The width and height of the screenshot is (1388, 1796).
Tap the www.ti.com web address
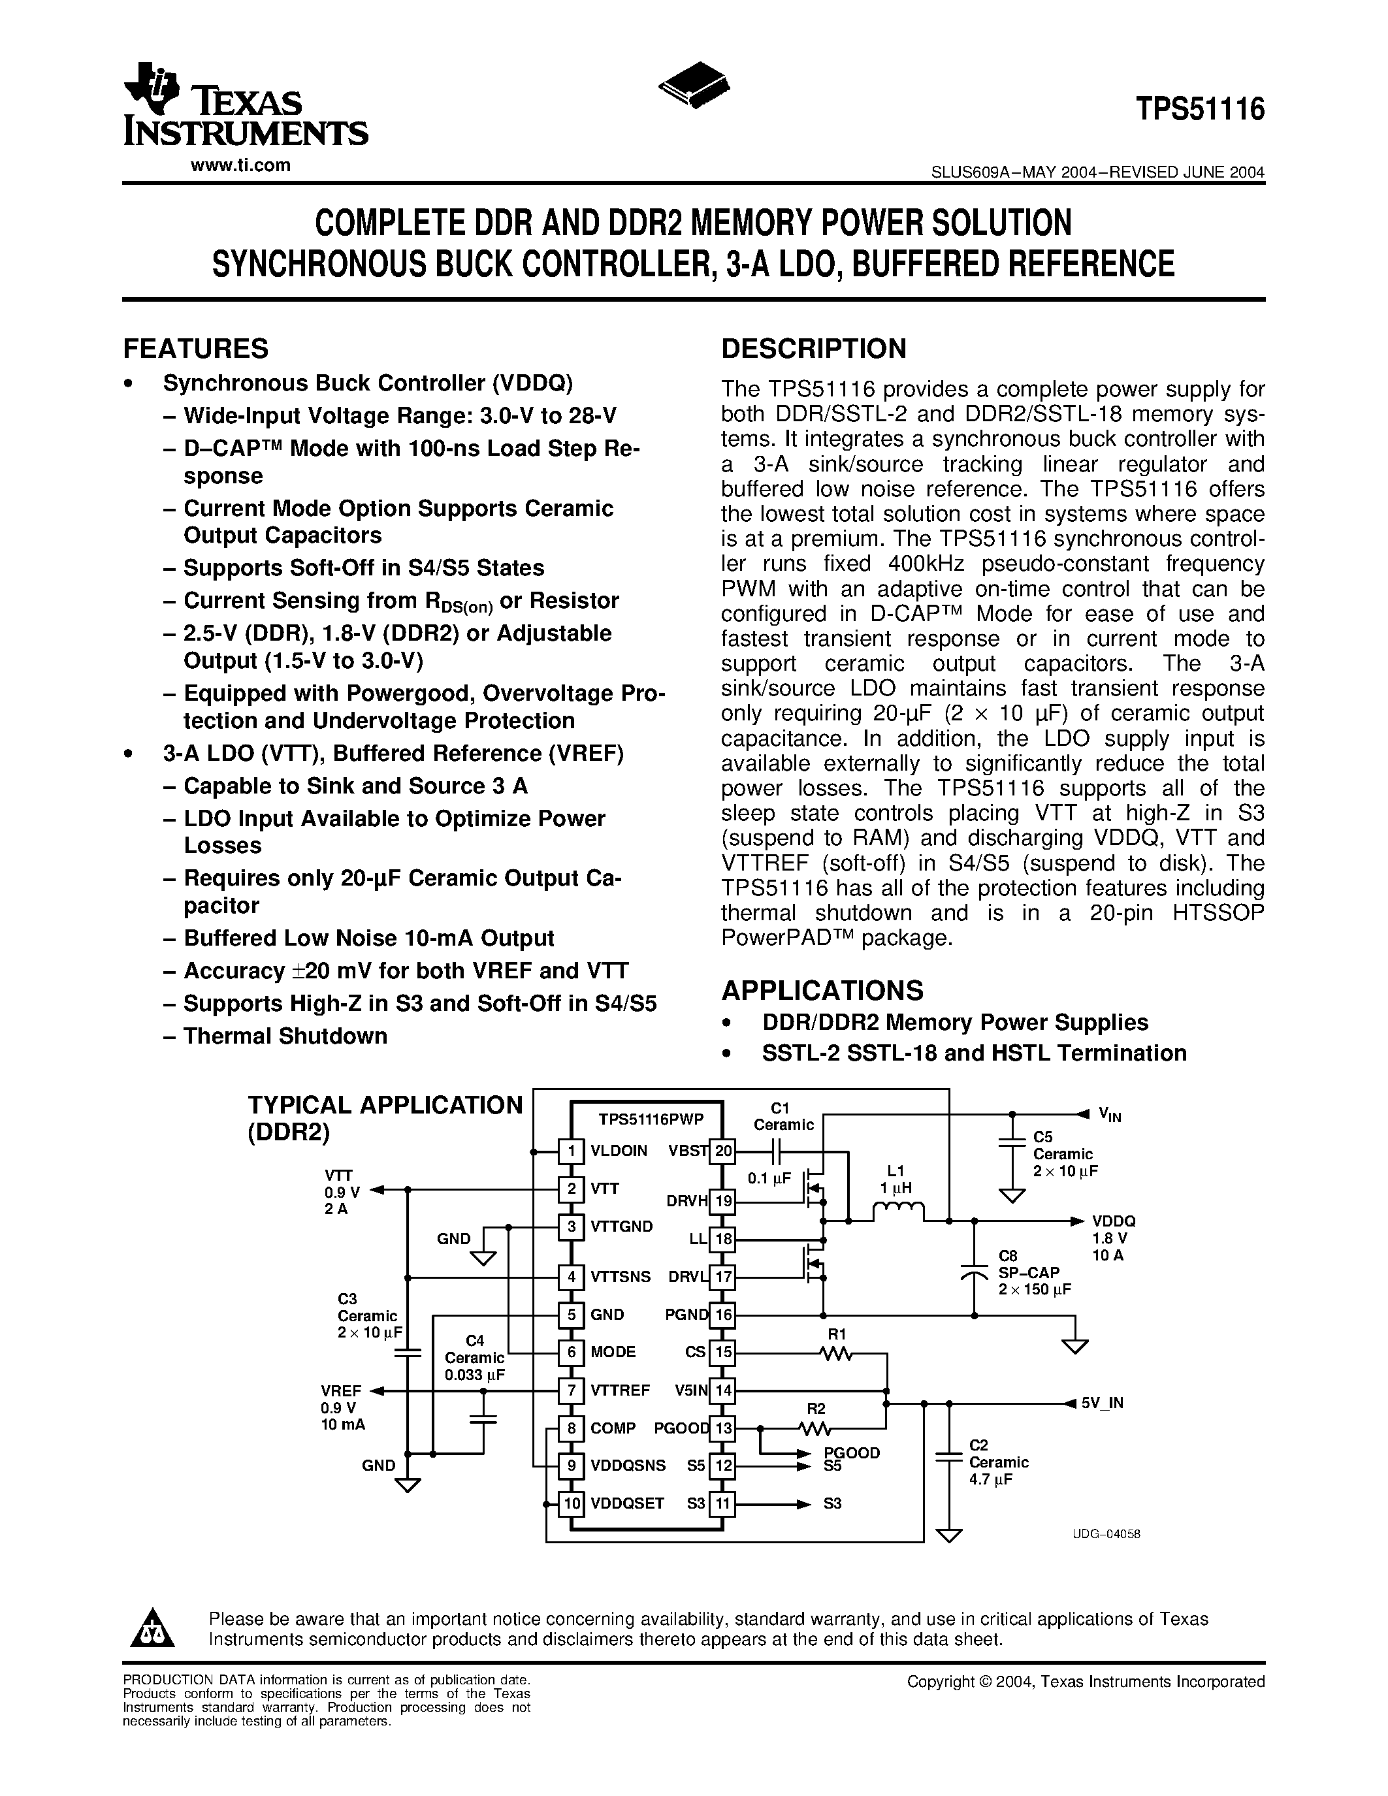[x=240, y=165]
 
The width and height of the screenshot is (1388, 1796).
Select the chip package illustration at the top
[x=696, y=83]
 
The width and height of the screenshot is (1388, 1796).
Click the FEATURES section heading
[x=196, y=349]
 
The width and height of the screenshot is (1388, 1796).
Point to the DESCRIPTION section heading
[x=813, y=349]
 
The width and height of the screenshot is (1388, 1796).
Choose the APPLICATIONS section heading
[x=822, y=989]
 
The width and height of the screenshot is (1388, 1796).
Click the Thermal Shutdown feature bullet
[x=285, y=1036]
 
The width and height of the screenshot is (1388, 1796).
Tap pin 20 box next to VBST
[x=723, y=1151]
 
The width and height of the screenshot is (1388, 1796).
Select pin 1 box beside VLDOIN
[x=571, y=1151]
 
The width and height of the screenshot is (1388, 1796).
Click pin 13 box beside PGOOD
[x=723, y=1428]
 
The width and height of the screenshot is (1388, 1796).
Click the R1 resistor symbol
[x=836, y=1352]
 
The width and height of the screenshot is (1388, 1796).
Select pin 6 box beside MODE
[x=571, y=1352]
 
